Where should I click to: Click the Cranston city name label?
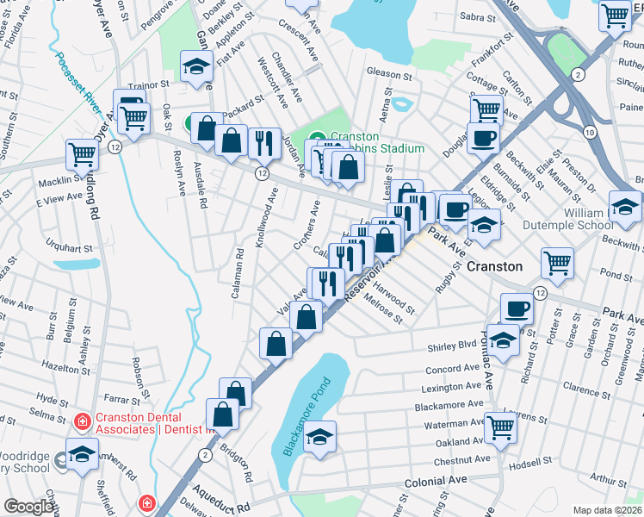pos(494,266)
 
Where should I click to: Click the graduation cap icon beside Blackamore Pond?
pos(320,437)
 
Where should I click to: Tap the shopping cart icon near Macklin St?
pos(82,155)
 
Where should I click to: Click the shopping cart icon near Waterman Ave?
pos(500,426)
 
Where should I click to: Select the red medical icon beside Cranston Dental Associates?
pos(82,421)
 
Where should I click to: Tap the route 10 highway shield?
pos(588,132)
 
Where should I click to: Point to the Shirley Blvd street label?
pos(452,347)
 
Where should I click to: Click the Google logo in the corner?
pos(28,507)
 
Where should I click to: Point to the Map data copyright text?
pos(608,510)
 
